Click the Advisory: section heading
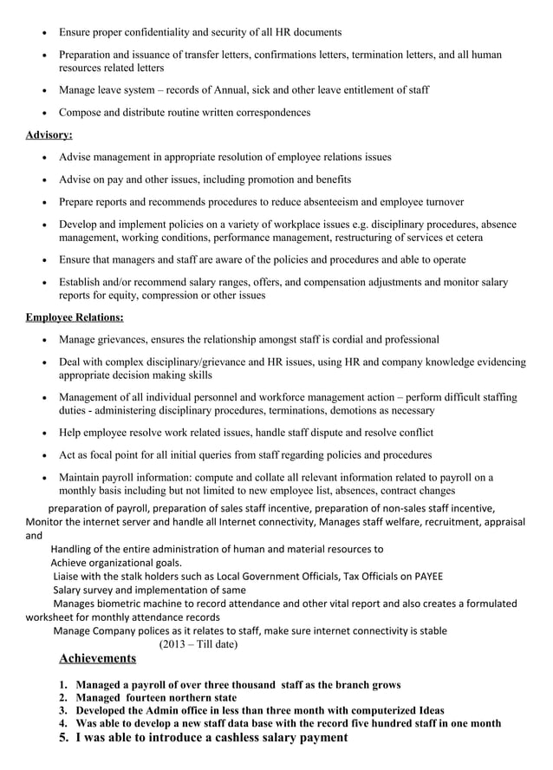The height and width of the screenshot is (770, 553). point(49,135)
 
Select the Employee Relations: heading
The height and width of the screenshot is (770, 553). point(75,317)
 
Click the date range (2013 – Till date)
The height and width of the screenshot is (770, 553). point(198,644)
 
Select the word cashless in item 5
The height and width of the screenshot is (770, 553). point(229,737)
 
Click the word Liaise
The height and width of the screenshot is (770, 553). point(68,576)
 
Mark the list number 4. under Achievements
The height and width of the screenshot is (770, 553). point(63,722)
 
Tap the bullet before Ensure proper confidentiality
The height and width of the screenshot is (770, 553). point(44,33)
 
